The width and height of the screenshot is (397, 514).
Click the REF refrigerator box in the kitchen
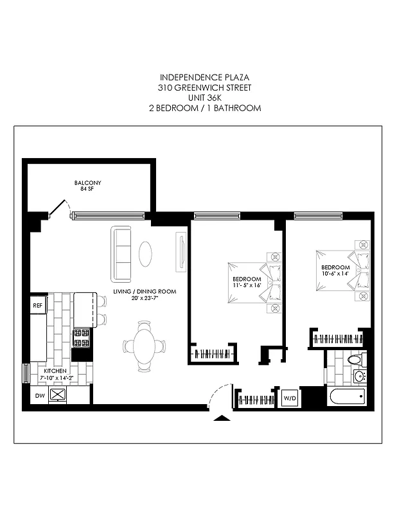[x=37, y=306]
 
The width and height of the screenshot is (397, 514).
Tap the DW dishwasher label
[x=39, y=396]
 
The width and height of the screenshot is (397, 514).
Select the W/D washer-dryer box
[x=289, y=398]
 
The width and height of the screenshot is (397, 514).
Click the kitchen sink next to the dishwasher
[x=58, y=394]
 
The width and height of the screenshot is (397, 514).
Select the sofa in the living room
[x=121, y=254]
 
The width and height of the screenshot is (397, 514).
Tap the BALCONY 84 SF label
[x=87, y=186]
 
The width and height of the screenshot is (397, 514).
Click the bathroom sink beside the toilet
[x=359, y=376]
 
